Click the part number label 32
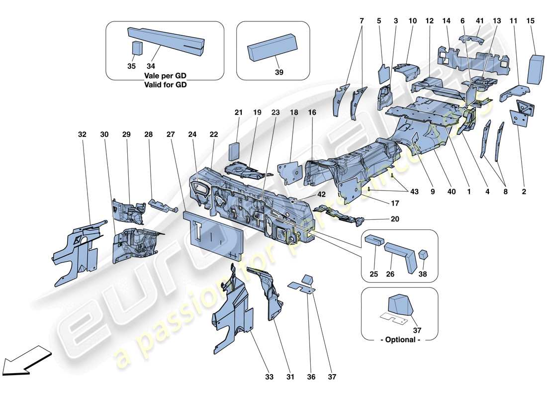tap(82, 134)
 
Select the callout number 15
tap(531, 21)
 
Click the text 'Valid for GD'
tap(168, 85)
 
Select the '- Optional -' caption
tap(400, 340)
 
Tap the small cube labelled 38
tap(423, 255)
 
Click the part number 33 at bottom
tap(269, 377)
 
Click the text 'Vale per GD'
tap(168, 76)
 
